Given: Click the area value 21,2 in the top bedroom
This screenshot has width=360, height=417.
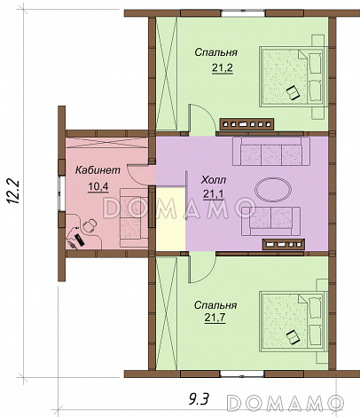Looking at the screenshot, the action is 223,68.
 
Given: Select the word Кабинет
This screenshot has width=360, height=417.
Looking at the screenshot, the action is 98,170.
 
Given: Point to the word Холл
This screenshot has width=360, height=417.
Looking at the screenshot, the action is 214,180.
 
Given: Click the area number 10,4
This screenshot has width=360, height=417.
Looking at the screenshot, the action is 98,186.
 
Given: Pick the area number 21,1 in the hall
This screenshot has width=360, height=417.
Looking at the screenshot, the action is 214,194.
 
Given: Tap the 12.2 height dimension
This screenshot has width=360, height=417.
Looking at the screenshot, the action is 13,192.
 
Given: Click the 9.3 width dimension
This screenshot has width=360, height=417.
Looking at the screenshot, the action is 199,400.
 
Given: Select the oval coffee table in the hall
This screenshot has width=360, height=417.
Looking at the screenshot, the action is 273,190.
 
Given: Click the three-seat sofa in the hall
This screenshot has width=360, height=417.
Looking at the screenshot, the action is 271,151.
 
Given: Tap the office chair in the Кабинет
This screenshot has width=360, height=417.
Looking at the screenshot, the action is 89,226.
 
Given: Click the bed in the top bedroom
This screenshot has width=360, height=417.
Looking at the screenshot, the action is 293,76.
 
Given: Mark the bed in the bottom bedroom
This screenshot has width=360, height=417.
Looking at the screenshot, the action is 293,322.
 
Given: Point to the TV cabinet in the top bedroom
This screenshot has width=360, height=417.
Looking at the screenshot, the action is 247,124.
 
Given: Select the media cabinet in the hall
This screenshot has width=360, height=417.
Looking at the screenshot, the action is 284,244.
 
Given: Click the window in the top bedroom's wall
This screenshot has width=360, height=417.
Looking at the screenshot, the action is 243,13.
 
